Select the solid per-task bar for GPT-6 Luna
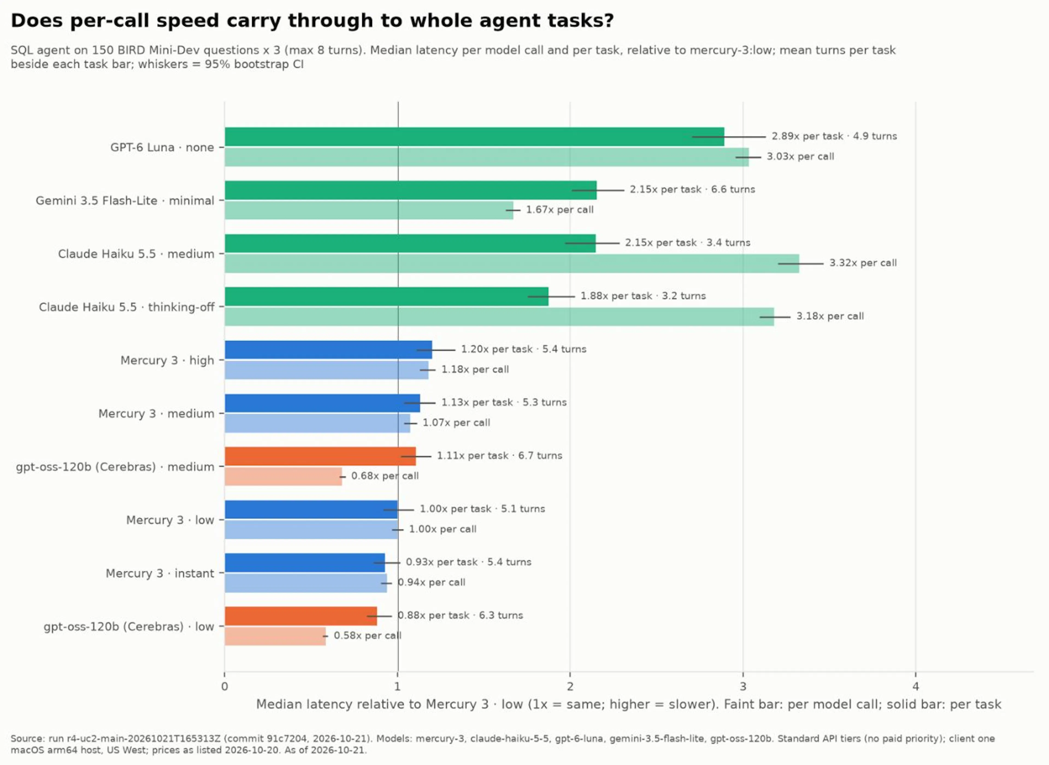click(474, 137)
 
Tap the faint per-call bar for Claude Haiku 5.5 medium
click(512, 263)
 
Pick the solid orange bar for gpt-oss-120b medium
click(320, 456)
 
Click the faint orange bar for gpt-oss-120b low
click(275, 636)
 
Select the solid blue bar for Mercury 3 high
click(328, 350)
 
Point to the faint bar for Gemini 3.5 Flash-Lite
click(369, 210)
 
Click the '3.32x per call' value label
click(863, 263)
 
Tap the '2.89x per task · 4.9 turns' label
click(834, 136)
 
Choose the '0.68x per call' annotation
click(385, 476)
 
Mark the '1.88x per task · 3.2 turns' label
click(643, 296)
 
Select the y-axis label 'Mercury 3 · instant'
click(160, 573)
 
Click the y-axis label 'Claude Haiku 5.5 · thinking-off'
click(126, 307)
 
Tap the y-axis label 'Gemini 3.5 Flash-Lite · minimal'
click(125, 201)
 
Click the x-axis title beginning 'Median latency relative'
click(629, 704)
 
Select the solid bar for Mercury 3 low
click(311, 509)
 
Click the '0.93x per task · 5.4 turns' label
click(469, 562)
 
